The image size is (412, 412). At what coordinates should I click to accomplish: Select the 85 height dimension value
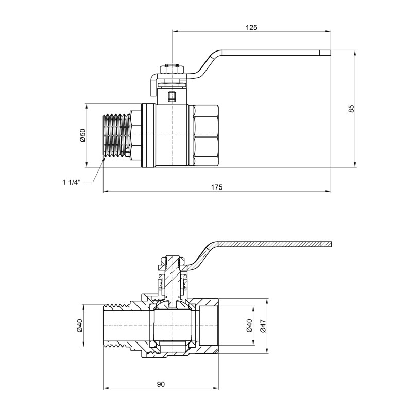coord(351,109)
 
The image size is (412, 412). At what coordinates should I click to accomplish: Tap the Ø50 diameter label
coord(82,135)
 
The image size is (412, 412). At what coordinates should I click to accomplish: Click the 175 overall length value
coord(217,187)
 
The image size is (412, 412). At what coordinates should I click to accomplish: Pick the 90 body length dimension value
coord(161,384)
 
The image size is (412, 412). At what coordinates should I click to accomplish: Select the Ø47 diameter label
coord(263,327)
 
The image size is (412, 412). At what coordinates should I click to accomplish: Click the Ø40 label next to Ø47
coord(249,327)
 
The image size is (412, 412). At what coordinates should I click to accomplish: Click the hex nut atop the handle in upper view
coord(172,69)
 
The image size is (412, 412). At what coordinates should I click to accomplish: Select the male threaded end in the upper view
coord(116,135)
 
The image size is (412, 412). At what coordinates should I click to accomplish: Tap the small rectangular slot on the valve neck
coord(172,95)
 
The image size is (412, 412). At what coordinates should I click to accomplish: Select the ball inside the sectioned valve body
coord(172,327)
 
